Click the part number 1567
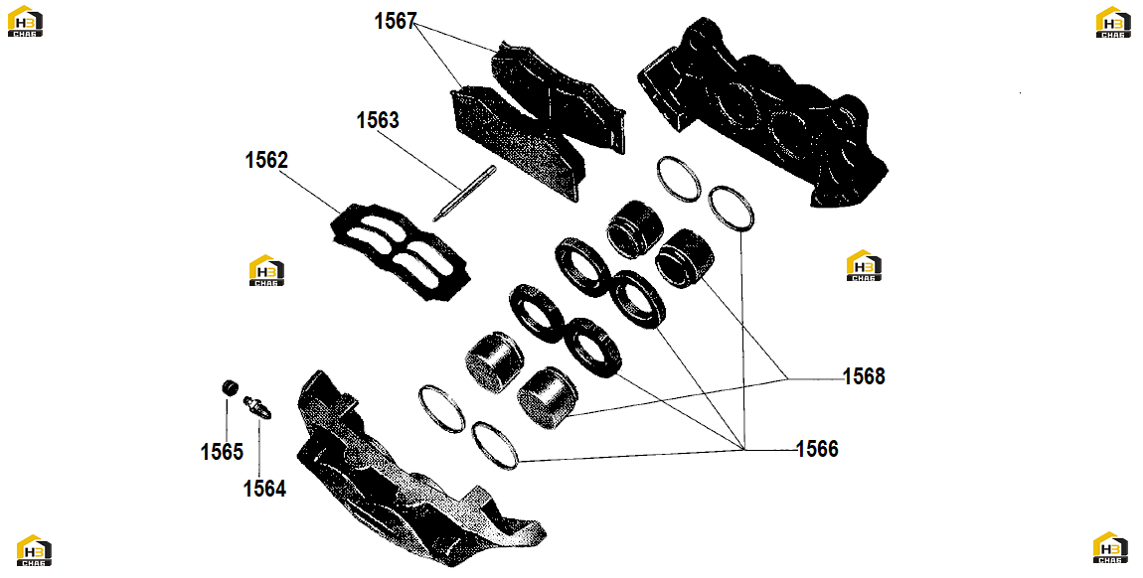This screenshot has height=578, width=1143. (x=396, y=22)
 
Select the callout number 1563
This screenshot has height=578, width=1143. (x=378, y=120)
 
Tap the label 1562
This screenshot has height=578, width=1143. (x=266, y=160)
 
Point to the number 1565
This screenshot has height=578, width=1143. (x=222, y=452)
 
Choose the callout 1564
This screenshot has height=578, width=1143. (x=264, y=489)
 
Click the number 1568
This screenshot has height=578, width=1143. (x=864, y=376)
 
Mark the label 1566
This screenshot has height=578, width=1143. (x=817, y=449)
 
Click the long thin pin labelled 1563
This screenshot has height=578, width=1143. (x=464, y=193)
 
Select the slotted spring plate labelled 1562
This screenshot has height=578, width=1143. (x=400, y=249)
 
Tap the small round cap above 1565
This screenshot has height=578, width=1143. (x=230, y=386)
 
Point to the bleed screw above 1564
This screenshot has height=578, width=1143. (x=259, y=407)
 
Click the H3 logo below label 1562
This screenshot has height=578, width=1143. (x=266, y=270)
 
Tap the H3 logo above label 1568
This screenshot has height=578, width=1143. (x=864, y=266)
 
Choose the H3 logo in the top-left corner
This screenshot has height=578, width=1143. (x=26, y=21)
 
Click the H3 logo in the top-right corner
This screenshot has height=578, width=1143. (x=1113, y=22)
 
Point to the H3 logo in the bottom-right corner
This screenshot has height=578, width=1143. (x=1111, y=547)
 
